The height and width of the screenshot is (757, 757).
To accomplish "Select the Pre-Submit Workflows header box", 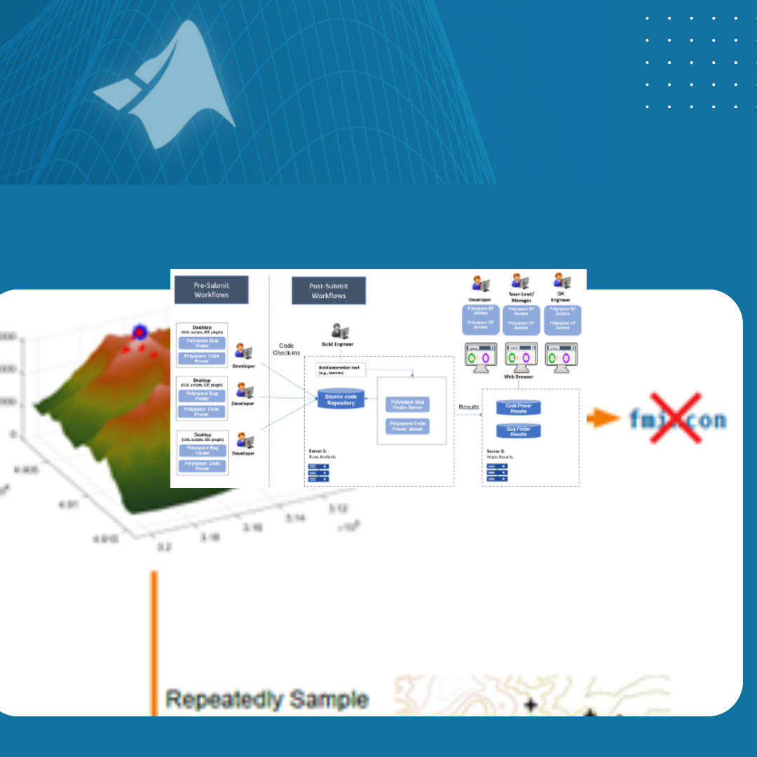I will [211, 289].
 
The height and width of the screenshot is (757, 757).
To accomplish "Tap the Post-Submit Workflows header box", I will [328, 290].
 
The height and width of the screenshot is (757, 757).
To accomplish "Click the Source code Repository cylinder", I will [341, 400].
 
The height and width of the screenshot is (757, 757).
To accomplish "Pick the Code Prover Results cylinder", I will [519, 408].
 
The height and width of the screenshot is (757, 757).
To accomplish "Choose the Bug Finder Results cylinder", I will [519, 431].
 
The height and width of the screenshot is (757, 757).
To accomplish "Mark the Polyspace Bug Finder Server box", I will [407, 404].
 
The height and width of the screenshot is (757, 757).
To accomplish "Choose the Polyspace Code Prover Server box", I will [407, 426].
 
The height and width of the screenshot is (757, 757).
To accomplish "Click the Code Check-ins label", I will [286, 349].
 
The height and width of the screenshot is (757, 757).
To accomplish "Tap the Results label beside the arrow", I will [469, 407].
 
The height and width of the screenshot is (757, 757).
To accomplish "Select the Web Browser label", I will [519, 377].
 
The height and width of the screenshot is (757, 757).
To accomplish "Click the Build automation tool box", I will [341, 369].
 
